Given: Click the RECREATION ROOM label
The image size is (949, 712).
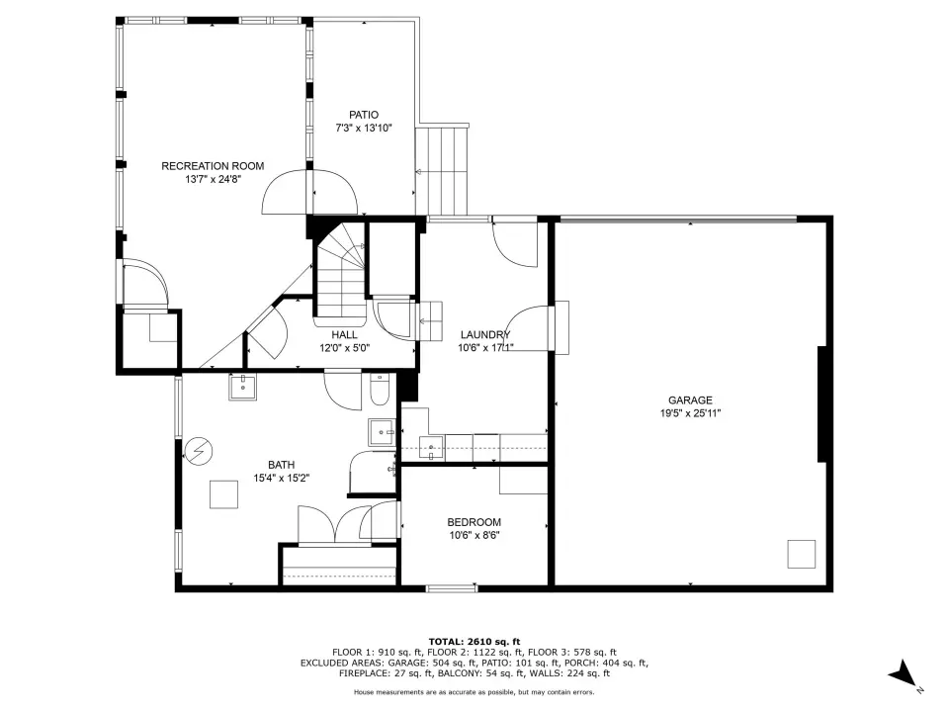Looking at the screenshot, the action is (x=213, y=166).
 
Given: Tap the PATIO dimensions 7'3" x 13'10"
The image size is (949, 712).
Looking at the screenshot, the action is (x=364, y=129).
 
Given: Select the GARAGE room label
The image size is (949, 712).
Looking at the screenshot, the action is (x=690, y=400).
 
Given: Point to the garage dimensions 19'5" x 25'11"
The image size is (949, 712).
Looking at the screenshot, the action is (x=690, y=414).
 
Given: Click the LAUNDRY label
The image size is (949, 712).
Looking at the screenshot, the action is (x=485, y=335).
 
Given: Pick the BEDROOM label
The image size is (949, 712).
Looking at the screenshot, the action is (x=474, y=522).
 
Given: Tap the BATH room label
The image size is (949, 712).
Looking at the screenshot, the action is (x=282, y=465).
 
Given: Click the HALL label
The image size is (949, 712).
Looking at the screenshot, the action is (x=344, y=335).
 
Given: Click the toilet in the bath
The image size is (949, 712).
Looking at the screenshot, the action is (x=380, y=391).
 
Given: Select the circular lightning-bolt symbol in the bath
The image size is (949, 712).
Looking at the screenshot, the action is (x=199, y=451).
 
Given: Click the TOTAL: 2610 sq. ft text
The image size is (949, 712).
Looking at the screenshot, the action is (x=474, y=642).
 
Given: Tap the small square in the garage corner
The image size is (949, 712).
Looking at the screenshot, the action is (x=801, y=554).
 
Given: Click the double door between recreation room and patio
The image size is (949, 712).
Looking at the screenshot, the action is (x=309, y=191).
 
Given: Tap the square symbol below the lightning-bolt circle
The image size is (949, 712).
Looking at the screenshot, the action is (x=224, y=494).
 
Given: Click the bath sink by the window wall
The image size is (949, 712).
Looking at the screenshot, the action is (x=243, y=387).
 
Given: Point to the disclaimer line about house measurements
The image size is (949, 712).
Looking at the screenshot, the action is (x=474, y=692).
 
